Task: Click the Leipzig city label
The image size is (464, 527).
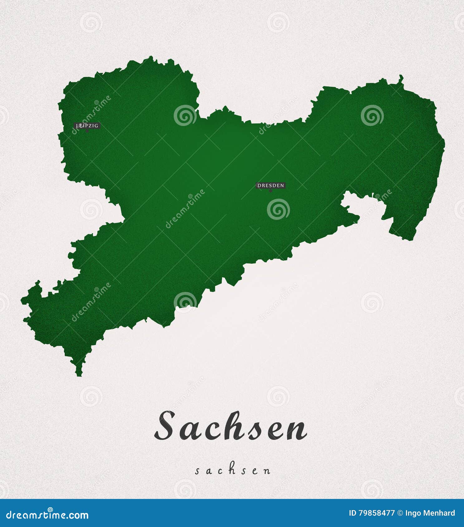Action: click(87, 126)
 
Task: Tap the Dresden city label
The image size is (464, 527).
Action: click(271, 186)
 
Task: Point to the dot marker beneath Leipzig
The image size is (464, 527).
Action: click(87, 131)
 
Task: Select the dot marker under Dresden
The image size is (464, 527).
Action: click(271, 191)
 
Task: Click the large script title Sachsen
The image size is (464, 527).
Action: click(231, 426)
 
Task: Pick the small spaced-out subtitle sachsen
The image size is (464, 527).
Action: click(233, 471)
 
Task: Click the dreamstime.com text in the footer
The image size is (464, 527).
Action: click(47, 515)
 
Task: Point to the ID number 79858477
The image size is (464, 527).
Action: click(376, 513)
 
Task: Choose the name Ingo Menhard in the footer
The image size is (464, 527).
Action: click(430, 513)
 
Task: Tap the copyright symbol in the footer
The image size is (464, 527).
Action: click(400, 513)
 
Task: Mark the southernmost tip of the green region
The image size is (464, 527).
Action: click(79, 375)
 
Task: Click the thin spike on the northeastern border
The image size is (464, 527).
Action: click(401, 78)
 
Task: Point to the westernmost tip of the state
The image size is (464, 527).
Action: click(22, 300)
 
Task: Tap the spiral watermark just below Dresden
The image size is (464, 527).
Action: click(278, 209)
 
